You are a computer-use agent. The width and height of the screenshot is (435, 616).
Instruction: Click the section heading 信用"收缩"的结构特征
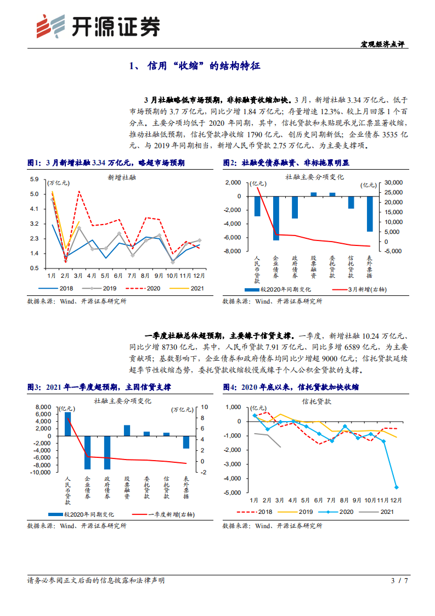[x=195, y=66]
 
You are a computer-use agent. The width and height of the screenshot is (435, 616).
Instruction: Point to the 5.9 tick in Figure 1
[x=34, y=180]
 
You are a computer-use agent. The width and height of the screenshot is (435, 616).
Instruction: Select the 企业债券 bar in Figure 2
[x=276, y=218]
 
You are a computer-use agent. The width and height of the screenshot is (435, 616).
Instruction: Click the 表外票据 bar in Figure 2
[x=370, y=214]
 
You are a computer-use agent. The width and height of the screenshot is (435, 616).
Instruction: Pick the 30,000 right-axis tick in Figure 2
[x=395, y=182]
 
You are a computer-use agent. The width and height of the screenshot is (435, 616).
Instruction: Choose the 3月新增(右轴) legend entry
[x=357, y=289]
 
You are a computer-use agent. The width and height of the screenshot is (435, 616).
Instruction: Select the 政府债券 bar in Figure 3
[x=107, y=452]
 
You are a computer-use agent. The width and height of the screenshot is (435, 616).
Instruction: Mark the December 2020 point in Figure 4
[x=396, y=487]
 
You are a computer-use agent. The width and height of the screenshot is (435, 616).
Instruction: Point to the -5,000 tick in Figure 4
[x=233, y=492]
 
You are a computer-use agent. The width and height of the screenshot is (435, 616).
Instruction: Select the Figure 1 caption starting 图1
[x=105, y=163]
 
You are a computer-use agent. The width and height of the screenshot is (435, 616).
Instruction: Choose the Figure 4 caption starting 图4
[x=291, y=387]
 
